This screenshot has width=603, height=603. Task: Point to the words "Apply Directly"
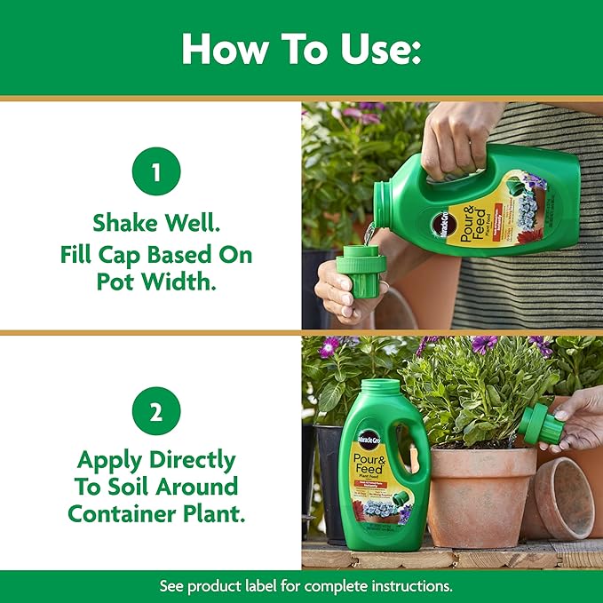click(155, 459)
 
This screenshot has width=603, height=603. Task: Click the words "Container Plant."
click(155, 513)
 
